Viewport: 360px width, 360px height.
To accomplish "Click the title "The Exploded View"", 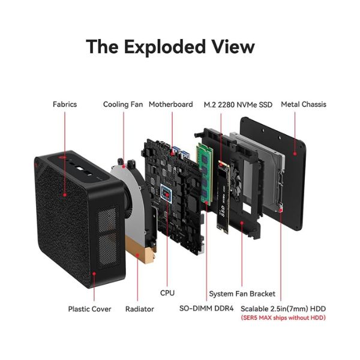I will pos(170,46).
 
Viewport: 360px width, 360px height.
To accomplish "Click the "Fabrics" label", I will pos(65,104).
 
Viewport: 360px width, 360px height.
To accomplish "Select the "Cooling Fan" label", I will pos(123,104).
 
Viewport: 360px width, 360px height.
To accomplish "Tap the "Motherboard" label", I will pos(170,104).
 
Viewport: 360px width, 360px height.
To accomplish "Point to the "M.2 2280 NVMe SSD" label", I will pos(238,104).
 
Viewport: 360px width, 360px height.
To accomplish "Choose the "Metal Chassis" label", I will pos(304,104).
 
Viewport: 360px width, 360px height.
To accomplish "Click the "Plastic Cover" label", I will pos(89,309).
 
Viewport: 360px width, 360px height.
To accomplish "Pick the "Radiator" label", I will pos(139,309).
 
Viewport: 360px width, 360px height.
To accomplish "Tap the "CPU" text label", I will pos(167,293).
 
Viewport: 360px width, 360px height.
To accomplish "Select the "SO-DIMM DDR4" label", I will pos(206,309).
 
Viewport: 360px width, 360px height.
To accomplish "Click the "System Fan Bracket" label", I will pos(242,294).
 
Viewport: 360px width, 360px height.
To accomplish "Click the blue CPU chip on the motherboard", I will pos(167,193).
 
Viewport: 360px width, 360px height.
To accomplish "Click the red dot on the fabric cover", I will pos(65,195).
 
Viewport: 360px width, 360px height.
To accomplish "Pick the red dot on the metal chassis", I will pos(296,153).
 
